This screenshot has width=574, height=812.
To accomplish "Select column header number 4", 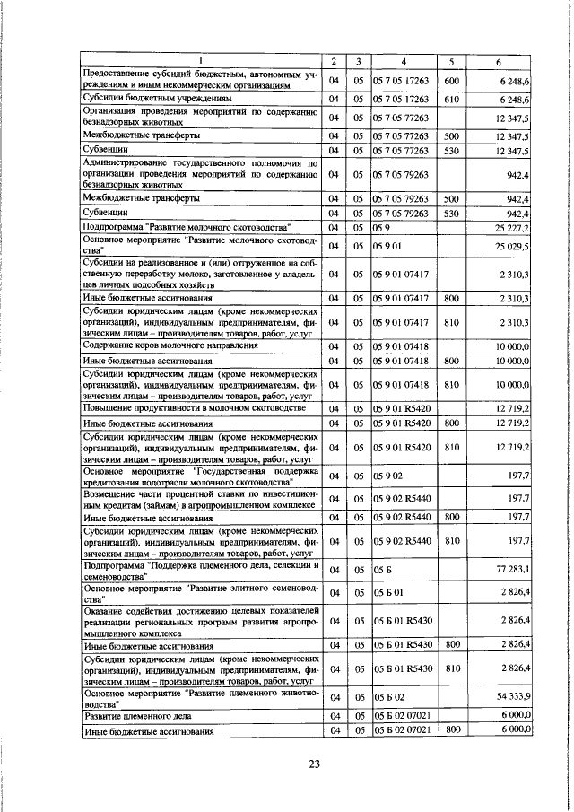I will [404, 61].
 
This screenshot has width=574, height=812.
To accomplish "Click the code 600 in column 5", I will [452, 81].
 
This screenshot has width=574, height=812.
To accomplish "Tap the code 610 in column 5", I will [452, 99].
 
